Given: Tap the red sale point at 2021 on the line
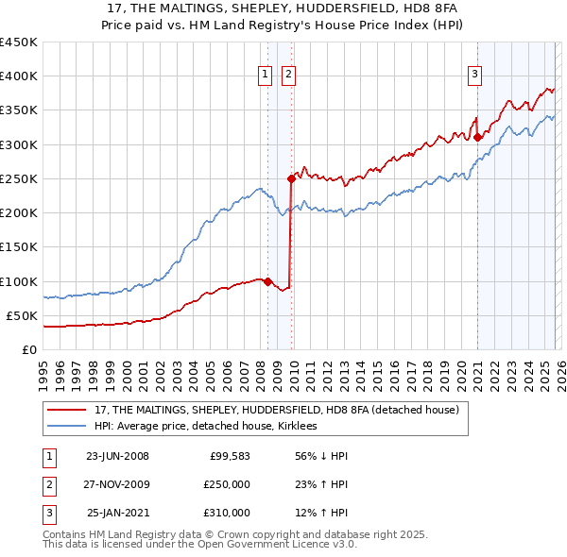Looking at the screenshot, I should (478, 137).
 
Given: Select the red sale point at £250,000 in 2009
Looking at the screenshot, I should (291, 178).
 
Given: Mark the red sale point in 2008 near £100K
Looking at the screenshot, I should (267, 280).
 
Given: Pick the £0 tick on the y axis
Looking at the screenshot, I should (28, 349).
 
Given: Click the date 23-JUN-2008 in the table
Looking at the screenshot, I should (117, 456).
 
